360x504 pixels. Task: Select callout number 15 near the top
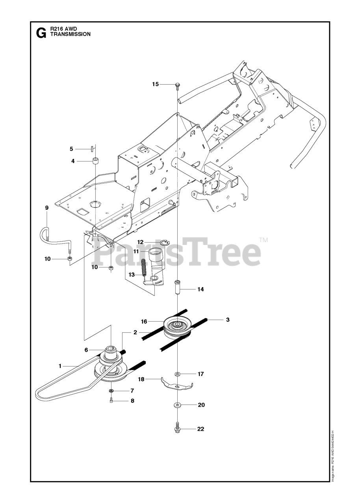coord(156,84)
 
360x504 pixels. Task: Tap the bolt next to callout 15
coord(177,85)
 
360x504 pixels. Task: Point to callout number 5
coord(71,149)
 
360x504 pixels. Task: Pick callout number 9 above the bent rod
coord(47,208)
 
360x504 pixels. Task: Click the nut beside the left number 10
coord(69,259)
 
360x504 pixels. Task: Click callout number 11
coord(136,251)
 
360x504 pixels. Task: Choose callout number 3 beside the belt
coord(227,320)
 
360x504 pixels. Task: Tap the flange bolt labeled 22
coord(177,430)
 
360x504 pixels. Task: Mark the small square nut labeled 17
coord(177,374)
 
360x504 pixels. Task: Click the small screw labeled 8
coord(111,401)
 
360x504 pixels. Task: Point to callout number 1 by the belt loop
coord(60,366)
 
